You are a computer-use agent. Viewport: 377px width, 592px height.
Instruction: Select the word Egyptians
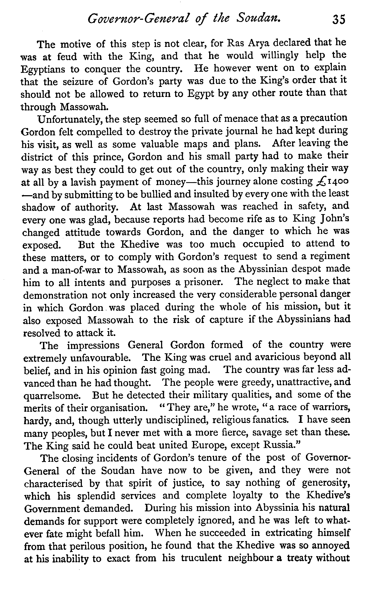point(42,69)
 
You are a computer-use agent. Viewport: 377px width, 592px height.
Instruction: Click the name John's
point(335,219)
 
